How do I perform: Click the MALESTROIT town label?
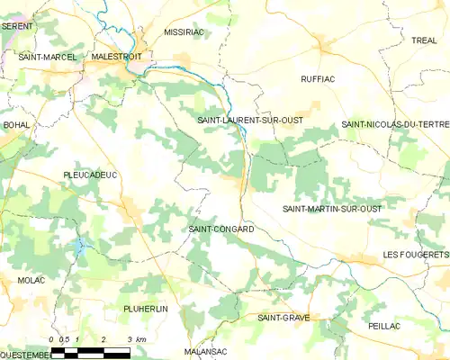tap(116, 56)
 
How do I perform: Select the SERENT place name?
tap(17, 27)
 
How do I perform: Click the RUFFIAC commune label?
tap(317, 79)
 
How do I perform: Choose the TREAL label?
tap(424, 40)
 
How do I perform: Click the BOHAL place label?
tap(16, 124)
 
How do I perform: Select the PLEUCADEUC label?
tap(91, 175)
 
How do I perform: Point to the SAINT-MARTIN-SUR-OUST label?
tap(332, 209)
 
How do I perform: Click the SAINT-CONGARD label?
tap(220, 229)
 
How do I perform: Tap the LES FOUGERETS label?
tap(415, 255)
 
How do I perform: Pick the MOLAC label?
tap(31, 281)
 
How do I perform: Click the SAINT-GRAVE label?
tap(283, 318)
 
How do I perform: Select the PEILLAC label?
tap(383, 325)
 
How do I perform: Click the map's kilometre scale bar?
tap(90, 350)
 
